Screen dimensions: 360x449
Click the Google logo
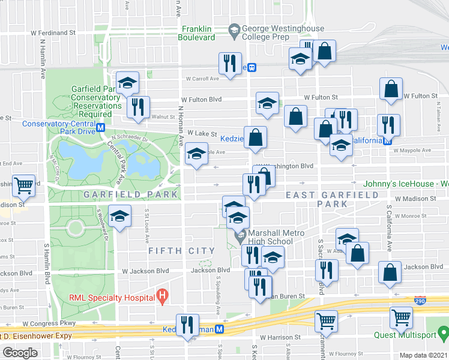(x=20, y=353)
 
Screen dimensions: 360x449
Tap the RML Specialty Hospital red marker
(x=161, y=295)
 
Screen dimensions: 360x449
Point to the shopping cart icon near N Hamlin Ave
(x=25, y=186)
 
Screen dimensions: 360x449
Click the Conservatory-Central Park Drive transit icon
(x=100, y=128)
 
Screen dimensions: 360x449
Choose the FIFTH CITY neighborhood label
(x=182, y=251)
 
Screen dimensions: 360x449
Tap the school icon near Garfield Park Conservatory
(x=127, y=83)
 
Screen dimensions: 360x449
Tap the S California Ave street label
(x=389, y=228)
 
